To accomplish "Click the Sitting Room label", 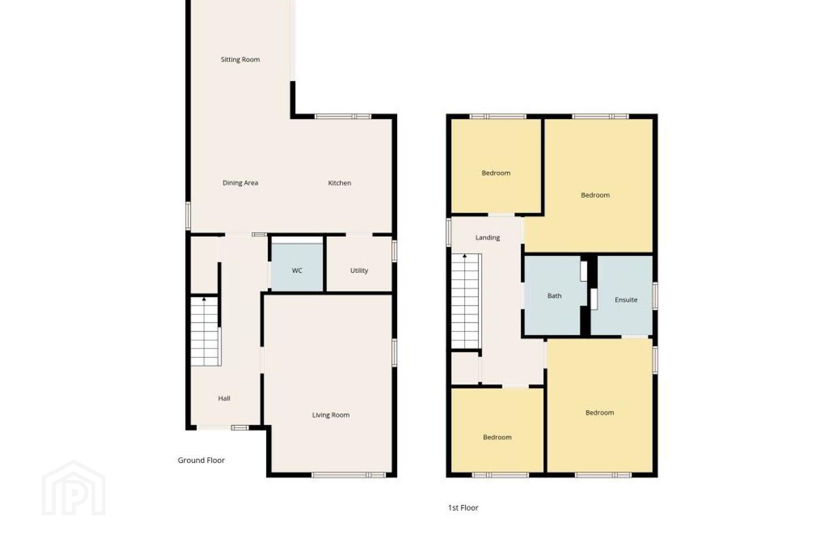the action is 240,59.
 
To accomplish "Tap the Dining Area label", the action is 240,183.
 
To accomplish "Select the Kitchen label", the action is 339,183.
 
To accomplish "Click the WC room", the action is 297,267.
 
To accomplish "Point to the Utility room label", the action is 359,270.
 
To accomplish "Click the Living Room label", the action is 331,415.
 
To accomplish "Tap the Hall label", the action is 224,399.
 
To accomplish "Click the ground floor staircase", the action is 205,331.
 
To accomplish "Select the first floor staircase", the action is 466,302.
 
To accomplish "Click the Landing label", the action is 488,237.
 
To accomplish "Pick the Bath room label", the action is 554,296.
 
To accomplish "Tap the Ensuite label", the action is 626,299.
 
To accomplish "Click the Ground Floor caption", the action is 201,460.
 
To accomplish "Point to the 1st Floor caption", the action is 463,508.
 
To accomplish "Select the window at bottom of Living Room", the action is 348,475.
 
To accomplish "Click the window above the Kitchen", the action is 343,117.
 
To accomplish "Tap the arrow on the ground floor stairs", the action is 204,299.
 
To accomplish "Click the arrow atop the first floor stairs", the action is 464,256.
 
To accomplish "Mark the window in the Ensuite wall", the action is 655,296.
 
